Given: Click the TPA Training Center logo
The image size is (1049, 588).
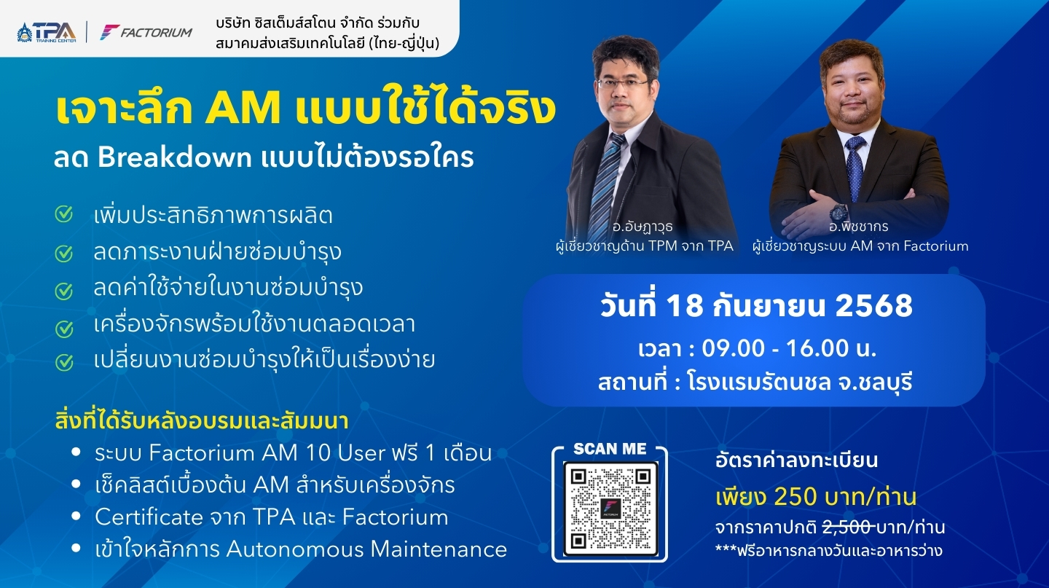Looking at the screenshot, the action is (47, 32).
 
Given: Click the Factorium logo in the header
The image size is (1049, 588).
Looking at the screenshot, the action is (146, 32).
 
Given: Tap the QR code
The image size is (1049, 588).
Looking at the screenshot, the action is (610, 507).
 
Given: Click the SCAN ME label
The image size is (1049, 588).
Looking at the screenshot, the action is (610, 449).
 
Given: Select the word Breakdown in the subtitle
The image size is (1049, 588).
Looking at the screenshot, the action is (175, 157).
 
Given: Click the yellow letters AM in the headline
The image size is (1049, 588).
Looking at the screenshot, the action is (242, 109).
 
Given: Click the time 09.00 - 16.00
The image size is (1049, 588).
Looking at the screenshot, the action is (775, 348).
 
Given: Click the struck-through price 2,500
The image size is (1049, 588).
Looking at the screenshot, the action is (847, 528).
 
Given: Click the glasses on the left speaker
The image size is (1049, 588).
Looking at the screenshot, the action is (622, 83).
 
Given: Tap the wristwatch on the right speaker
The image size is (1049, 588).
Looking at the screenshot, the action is (838, 213).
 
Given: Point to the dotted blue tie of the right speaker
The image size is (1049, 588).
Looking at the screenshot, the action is (855, 168).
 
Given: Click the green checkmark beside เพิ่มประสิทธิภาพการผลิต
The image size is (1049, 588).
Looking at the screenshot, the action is (64, 214).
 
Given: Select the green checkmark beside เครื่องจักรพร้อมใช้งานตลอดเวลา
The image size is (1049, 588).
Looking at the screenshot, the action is (64, 329).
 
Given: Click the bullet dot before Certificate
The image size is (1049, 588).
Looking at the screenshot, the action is (76, 517).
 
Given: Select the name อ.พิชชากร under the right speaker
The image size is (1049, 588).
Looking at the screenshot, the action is (858, 227).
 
